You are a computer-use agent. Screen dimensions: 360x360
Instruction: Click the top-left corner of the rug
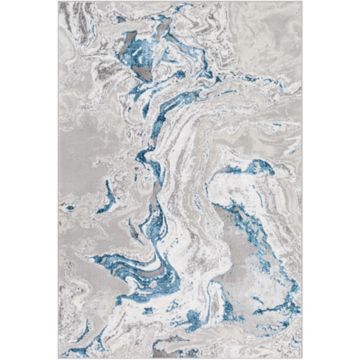[58, 2]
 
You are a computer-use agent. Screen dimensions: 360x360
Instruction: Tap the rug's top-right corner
[302, 2]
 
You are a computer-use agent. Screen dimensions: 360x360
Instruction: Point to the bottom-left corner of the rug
[58, 358]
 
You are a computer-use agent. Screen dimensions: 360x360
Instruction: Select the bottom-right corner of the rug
[302, 358]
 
